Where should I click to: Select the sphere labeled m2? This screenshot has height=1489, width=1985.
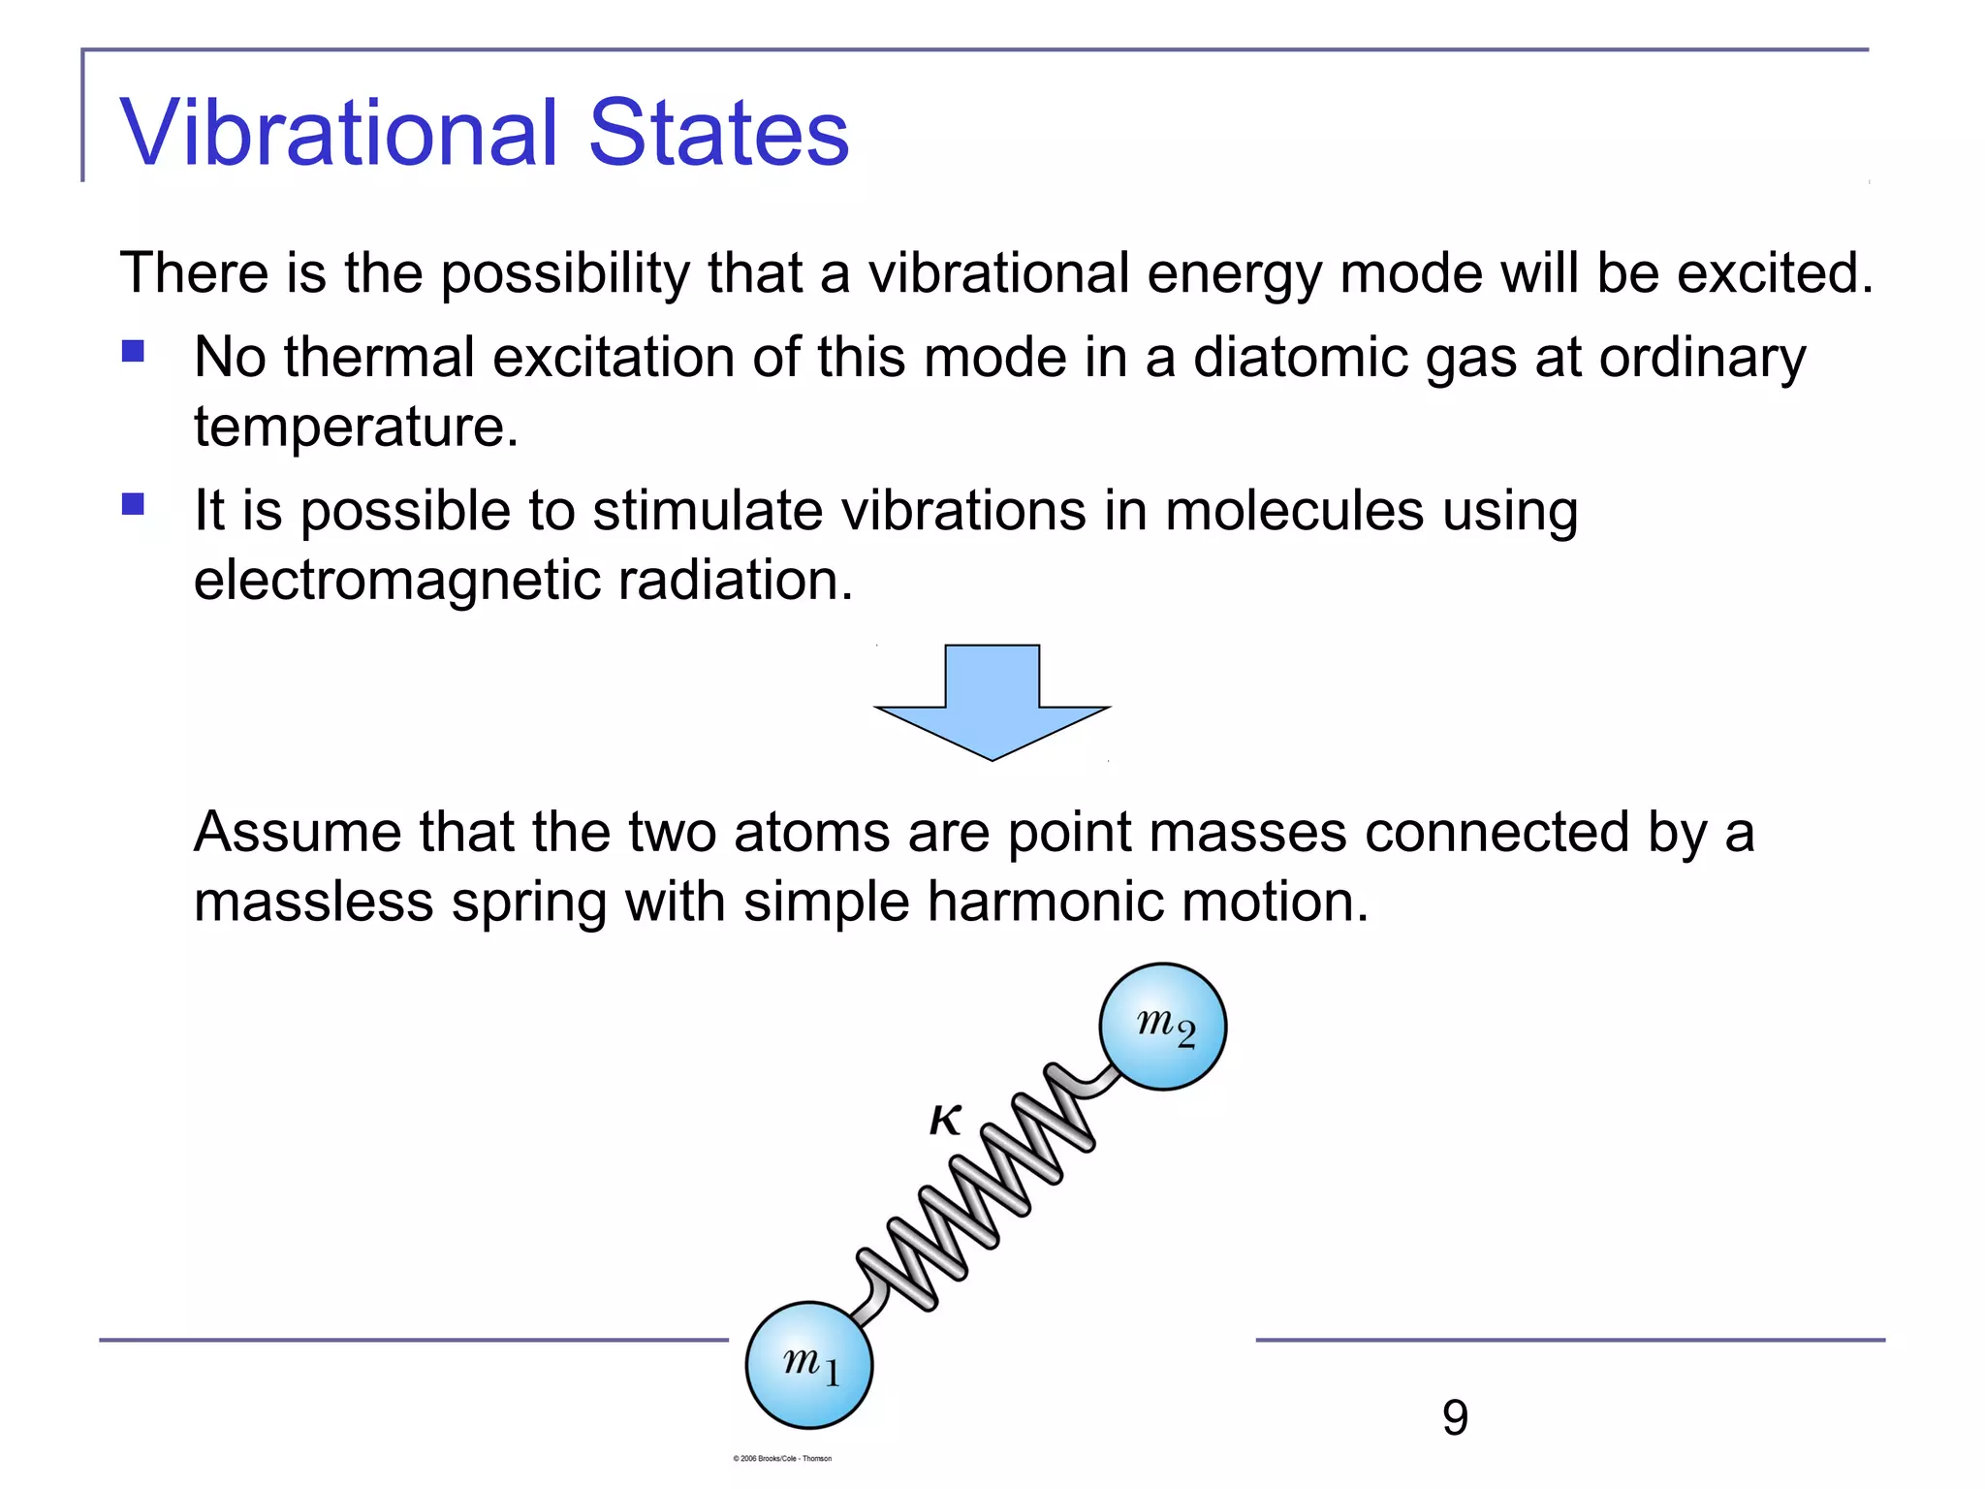pyautogui.click(x=1162, y=1027)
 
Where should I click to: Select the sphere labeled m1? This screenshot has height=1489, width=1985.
pyautogui.click(x=808, y=1365)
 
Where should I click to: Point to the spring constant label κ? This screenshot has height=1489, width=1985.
pyautogui.click(x=945, y=1120)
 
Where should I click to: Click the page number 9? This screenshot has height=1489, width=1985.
pyautogui.click(x=1454, y=1418)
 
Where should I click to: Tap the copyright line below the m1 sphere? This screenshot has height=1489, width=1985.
pyautogui.click(x=782, y=1458)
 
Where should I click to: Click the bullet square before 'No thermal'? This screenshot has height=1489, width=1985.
pyautogui.click(x=133, y=351)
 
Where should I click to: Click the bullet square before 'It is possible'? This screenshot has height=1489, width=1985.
pyautogui.click(x=133, y=504)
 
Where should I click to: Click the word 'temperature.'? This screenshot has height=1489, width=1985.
pyautogui.click(x=356, y=428)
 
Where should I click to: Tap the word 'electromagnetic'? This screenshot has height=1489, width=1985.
pyautogui.click(x=396, y=581)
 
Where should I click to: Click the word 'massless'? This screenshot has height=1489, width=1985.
pyautogui.click(x=313, y=902)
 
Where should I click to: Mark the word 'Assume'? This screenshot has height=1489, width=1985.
pyautogui.click(x=298, y=832)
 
